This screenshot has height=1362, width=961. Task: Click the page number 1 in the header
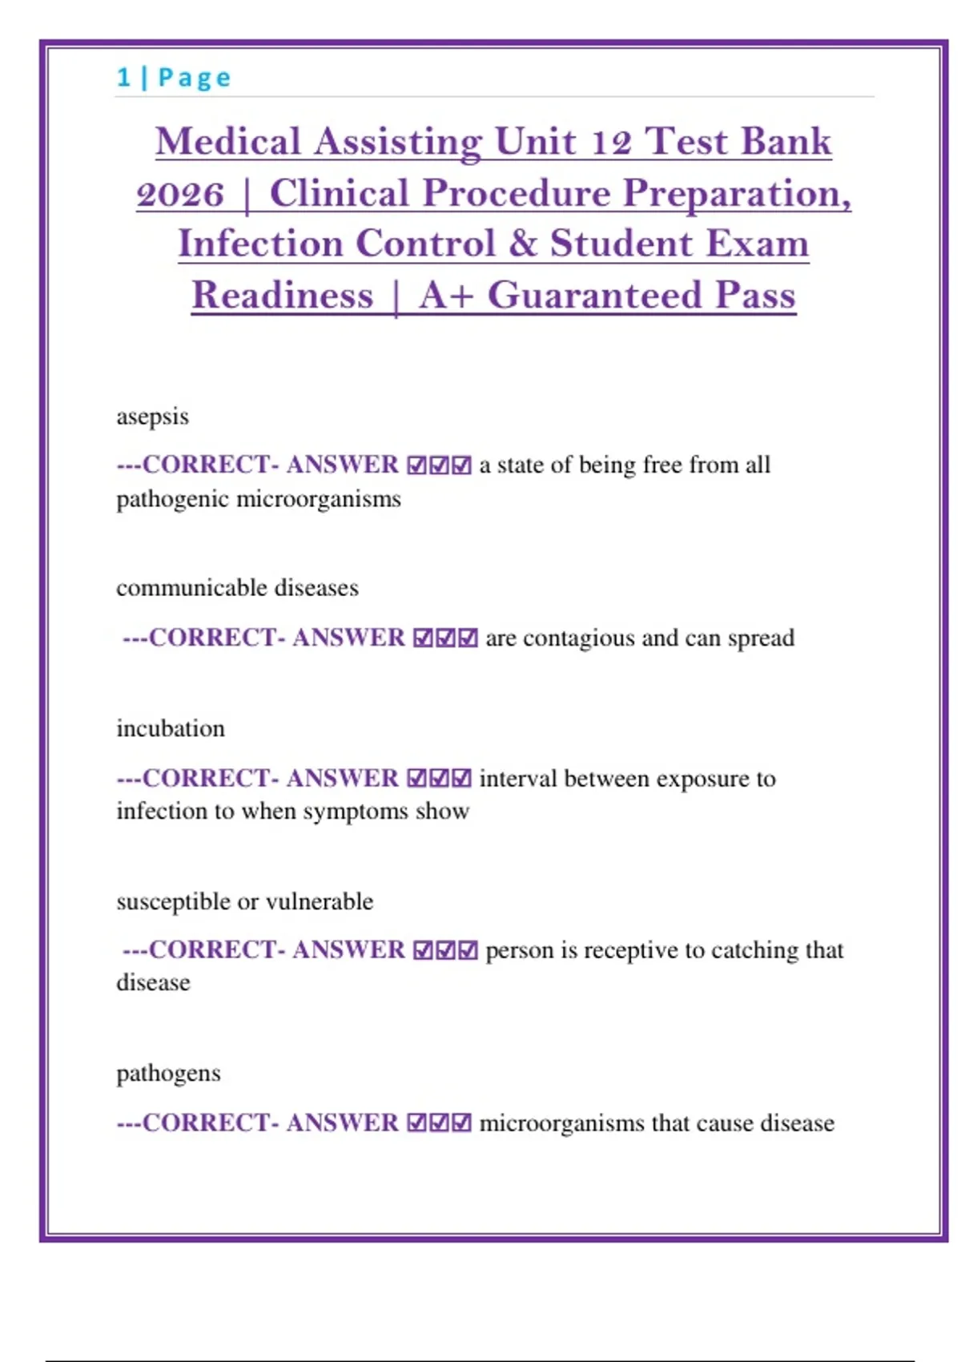tap(123, 78)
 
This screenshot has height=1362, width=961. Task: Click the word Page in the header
tap(195, 78)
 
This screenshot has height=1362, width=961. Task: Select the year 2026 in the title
tap(180, 194)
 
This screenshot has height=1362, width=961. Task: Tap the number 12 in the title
tap(611, 143)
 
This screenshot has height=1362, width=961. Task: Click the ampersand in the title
tap(522, 244)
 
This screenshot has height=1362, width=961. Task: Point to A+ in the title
tap(445, 295)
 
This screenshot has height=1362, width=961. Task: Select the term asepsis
tap(152, 417)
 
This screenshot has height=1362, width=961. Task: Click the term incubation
tap(171, 728)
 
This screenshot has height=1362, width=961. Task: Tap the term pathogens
tap(168, 1074)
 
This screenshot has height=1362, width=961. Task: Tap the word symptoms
tap(348, 812)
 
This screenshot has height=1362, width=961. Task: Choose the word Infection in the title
tap(260, 244)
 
